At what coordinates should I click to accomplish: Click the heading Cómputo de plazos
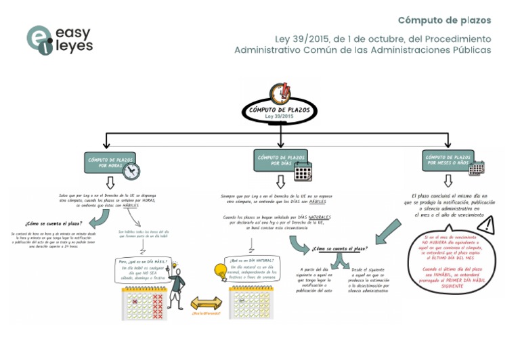click(x=444, y=20)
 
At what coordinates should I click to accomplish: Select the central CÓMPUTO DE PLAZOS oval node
click(x=280, y=113)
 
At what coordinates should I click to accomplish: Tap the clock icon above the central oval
click(x=280, y=92)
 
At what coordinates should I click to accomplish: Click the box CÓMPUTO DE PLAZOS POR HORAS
click(x=108, y=162)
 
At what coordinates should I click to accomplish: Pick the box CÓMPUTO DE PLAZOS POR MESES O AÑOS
click(x=448, y=160)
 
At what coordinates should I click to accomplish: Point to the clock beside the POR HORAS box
click(x=131, y=171)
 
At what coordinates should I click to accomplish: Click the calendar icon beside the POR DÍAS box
click(x=303, y=171)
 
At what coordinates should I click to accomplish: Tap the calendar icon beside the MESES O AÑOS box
click(x=477, y=168)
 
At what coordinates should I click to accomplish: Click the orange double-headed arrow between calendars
click(x=207, y=302)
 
